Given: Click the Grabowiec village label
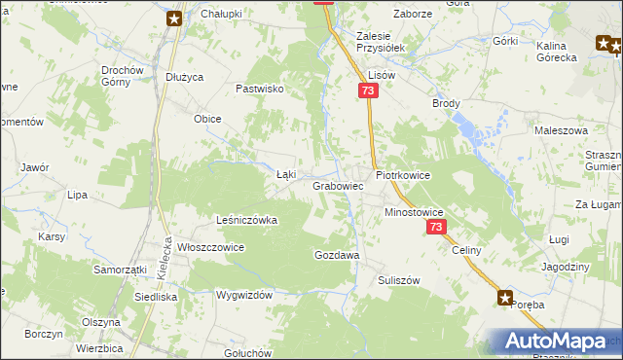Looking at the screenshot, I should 338,185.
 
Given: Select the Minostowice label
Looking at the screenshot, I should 414,211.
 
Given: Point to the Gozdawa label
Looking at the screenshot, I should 337,255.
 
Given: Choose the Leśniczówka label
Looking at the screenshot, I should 247,220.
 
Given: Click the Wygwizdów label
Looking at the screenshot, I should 244,294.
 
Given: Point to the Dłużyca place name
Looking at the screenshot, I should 184,78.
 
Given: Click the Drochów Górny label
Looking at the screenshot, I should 123,76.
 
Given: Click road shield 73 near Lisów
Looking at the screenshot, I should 367,90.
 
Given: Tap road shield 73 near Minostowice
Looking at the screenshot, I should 435,227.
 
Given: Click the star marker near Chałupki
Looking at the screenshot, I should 174,18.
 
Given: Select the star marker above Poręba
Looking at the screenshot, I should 505,298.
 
